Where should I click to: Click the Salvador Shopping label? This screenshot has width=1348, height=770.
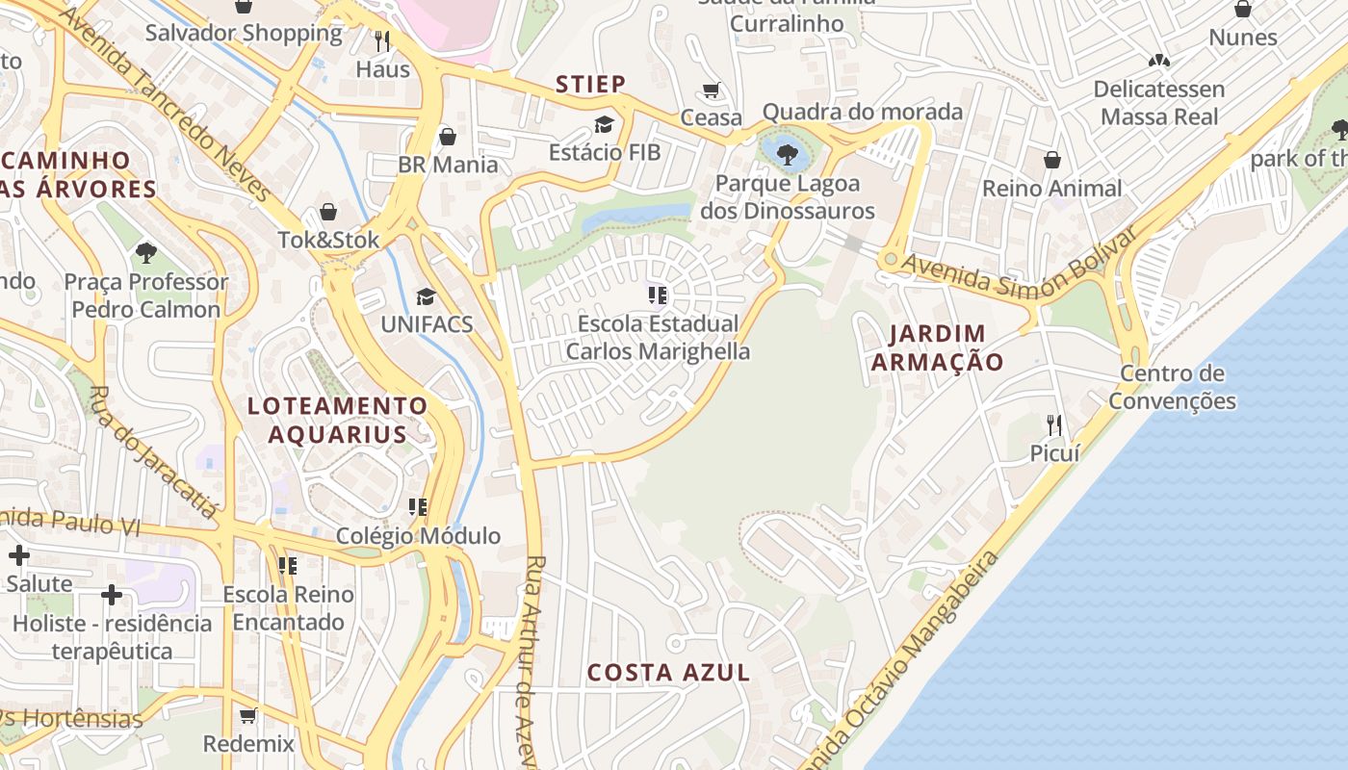(244, 33)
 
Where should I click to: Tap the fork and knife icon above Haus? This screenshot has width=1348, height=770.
(382, 40)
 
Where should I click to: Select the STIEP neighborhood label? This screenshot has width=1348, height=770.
(590, 84)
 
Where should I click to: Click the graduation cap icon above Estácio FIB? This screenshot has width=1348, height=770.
(604, 124)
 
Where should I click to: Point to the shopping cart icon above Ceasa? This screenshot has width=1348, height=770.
(712, 90)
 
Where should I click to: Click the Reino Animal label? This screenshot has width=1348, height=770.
(1051, 188)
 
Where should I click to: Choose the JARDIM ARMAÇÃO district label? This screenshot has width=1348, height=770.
(937, 347)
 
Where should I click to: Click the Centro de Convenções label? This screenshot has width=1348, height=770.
(1172, 387)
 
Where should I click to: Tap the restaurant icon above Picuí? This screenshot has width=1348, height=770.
(1054, 424)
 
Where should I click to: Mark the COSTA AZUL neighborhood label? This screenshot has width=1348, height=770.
(668, 673)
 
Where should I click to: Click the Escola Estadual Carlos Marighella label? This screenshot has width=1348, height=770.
(658, 337)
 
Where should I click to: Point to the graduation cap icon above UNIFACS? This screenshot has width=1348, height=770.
(426, 296)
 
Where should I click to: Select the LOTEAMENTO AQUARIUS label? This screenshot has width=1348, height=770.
(337, 420)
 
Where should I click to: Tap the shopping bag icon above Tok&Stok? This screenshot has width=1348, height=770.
(328, 212)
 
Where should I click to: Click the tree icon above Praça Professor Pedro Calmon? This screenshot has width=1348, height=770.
(146, 253)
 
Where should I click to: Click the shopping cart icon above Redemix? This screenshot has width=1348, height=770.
(247, 715)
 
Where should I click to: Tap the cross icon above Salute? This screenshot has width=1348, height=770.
(19, 555)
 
